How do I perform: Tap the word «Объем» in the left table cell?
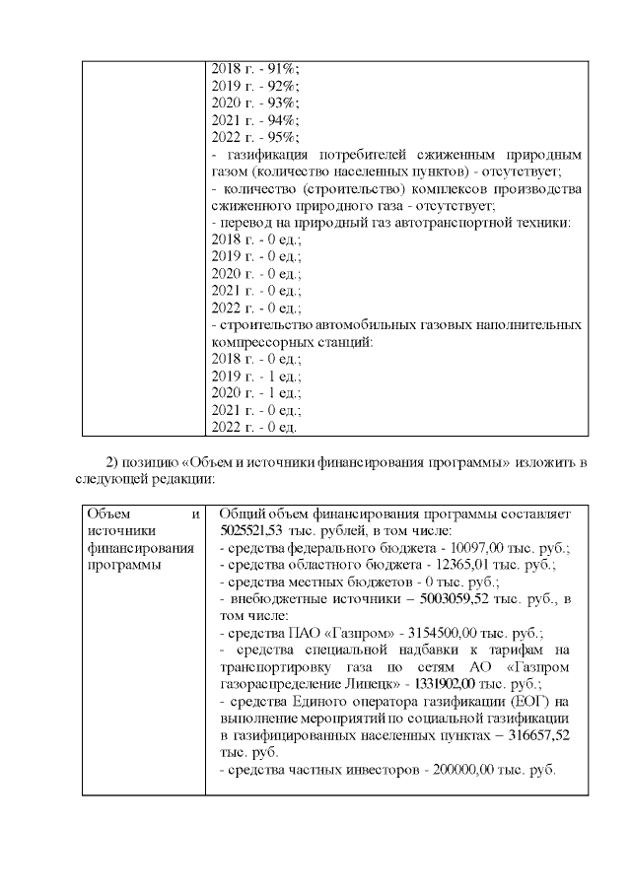pyautogui.click(x=107, y=514)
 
